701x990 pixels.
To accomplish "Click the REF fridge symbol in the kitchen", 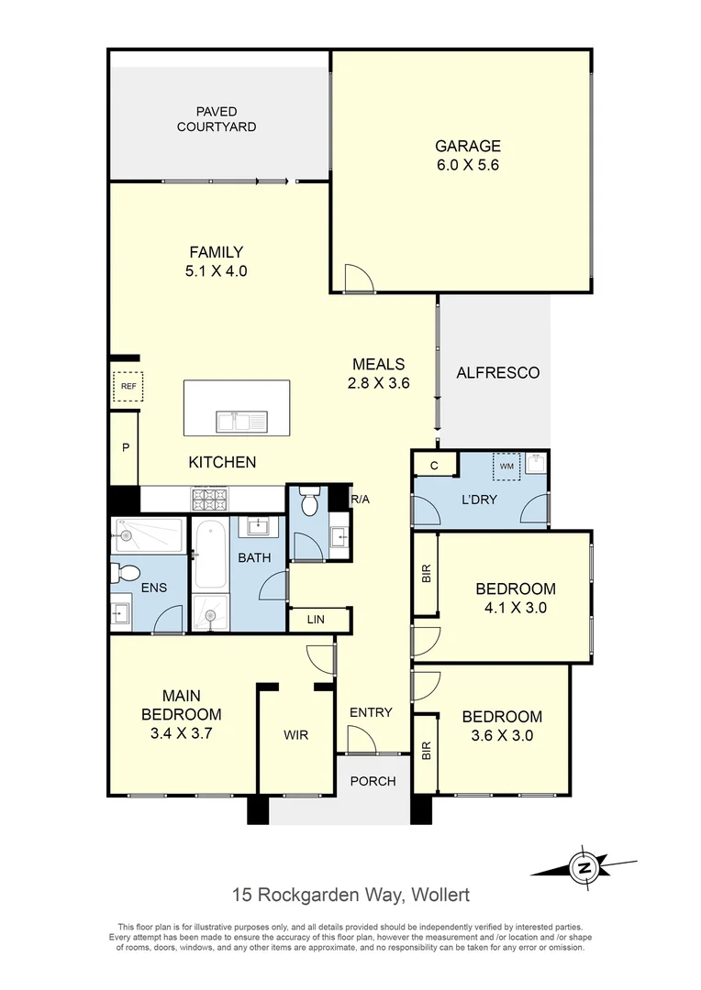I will (128, 387).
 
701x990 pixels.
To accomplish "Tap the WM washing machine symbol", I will (506, 466).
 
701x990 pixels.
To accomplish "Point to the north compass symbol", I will (583, 865).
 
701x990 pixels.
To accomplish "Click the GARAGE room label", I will (467, 146).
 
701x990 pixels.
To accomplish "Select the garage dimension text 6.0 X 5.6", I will (467, 166).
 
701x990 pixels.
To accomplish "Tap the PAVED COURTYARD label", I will (217, 119).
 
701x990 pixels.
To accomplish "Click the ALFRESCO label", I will (497, 373).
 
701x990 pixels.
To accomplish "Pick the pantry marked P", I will (124, 448).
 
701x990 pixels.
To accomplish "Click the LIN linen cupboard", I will (317, 621).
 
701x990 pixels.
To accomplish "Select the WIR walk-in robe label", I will (295, 734).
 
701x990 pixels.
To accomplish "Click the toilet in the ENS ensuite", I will (125, 574).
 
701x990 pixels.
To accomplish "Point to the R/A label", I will (360, 500).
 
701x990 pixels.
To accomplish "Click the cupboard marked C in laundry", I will (436, 466).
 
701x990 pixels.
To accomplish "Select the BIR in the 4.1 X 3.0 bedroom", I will (425, 575).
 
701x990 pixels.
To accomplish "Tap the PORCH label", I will (373, 781).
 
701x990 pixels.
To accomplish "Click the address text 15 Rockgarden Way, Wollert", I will (351, 895).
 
